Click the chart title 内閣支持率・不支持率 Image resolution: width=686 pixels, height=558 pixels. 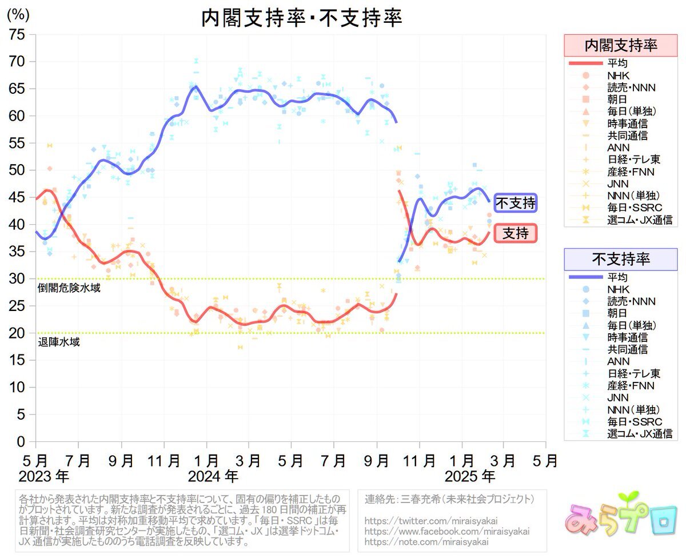301,18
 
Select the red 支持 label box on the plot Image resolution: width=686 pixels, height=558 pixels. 515,233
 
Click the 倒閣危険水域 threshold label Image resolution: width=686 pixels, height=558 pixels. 69,288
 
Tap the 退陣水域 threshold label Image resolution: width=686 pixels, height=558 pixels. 59,343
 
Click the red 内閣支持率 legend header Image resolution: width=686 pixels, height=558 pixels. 620,46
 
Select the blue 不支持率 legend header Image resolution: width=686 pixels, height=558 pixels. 620,259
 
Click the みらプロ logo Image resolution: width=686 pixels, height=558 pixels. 617,521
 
